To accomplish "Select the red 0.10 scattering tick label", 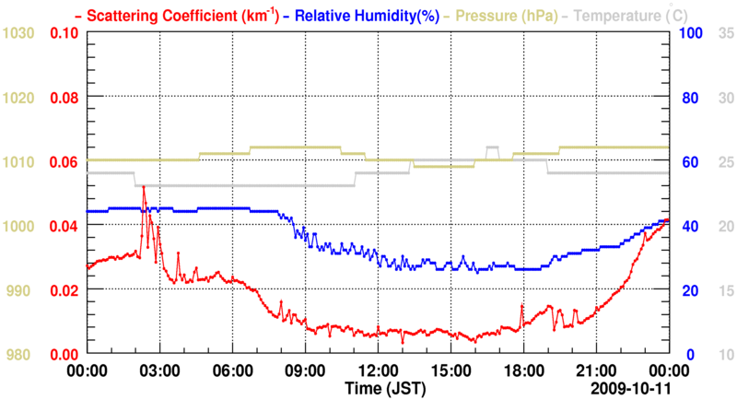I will click(x=63, y=33).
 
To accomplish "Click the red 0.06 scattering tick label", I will click(x=63, y=162).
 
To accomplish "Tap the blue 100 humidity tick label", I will click(x=691, y=33).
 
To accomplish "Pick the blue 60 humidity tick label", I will click(x=687, y=162).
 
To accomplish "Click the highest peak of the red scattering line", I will click(x=144, y=187).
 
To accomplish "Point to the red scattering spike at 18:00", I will click(x=521, y=306).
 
